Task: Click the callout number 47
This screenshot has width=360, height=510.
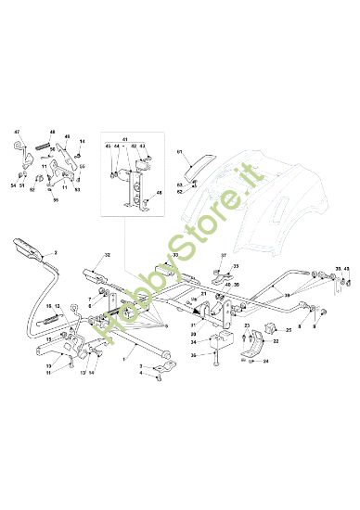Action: (x=17, y=133)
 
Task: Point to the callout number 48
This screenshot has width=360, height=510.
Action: (x=52, y=133)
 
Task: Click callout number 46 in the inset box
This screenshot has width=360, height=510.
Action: (x=159, y=193)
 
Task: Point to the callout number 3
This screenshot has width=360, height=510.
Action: (x=140, y=367)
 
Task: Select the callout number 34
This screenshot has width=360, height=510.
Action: (x=193, y=342)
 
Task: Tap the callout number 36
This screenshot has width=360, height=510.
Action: (x=193, y=354)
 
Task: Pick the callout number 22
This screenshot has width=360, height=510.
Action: (x=276, y=341)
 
